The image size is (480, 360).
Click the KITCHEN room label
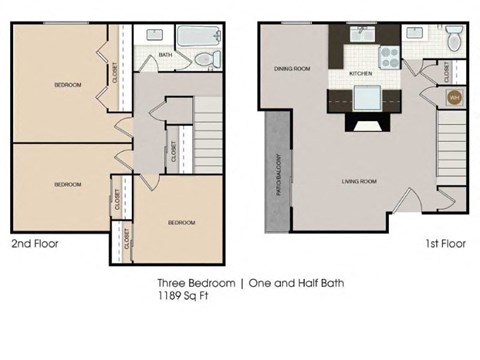tap(361, 75)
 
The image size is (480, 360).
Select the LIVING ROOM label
tap(358, 181)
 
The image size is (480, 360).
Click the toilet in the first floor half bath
tap(455, 41)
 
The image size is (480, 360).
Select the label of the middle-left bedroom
tap(67, 184)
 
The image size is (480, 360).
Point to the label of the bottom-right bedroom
tap(181, 222)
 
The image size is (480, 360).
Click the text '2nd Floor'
tap(35, 243)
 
